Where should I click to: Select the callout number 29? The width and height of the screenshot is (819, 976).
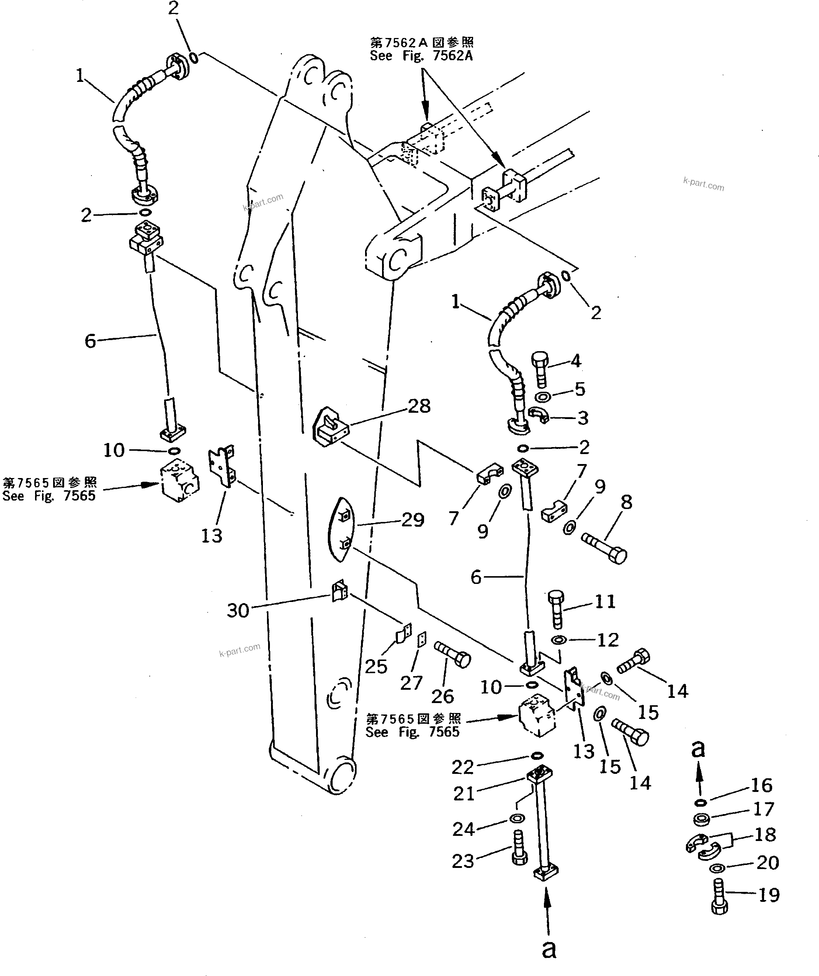[413, 520]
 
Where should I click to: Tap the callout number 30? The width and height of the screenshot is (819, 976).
[238, 610]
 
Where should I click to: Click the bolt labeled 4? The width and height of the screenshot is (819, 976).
[541, 372]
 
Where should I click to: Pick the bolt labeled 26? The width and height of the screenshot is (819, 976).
[452, 654]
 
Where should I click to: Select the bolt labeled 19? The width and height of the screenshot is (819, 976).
[719, 897]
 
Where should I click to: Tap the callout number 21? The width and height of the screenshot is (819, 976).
[464, 793]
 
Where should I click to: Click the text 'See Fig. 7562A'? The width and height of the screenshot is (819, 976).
[421, 56]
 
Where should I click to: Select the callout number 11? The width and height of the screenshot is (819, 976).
[605, 602]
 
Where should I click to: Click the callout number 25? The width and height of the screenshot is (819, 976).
[376, 667]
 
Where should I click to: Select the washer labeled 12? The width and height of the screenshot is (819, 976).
[559, 640]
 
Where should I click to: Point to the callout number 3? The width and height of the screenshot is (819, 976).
[583, 418]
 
